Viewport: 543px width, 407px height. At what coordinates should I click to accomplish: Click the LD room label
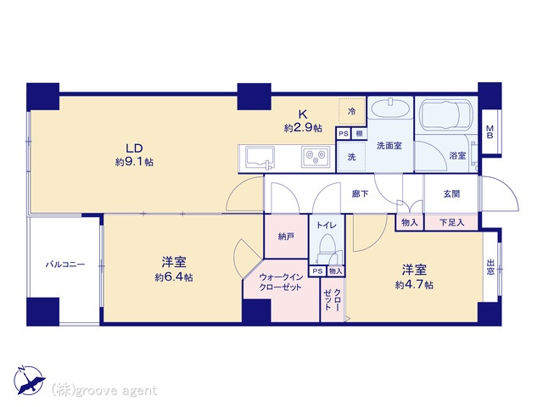coord(134,148)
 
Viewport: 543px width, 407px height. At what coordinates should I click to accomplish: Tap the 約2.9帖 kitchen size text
coord(303,128)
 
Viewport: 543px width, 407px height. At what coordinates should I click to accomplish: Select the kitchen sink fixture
coord(260,158)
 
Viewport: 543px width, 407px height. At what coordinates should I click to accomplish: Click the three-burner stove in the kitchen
coord(316,157)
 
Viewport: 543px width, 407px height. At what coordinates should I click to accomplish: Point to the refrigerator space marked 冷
coord(352,111)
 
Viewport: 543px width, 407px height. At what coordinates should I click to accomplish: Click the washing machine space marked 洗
coord(351,157)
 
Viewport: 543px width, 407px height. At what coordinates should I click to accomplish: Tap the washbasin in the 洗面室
coord(390,109)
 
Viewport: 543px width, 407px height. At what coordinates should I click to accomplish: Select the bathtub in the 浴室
coord(446,114)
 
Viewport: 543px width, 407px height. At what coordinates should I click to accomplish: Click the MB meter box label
coord(490,132)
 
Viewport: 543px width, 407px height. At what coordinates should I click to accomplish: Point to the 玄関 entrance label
coord(451,194)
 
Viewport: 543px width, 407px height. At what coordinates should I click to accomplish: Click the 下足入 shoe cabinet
coord(451,222)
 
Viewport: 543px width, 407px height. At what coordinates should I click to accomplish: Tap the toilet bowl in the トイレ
coord(326,244)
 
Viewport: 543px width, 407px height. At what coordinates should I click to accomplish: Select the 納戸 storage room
coord(286,237)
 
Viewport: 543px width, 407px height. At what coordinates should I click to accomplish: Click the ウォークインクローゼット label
coord(281,282)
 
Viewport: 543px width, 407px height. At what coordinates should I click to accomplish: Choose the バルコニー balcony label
coord(65,265)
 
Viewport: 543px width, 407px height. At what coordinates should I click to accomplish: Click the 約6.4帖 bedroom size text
coord(174,277)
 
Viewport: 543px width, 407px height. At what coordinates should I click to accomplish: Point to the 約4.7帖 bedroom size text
coord(414,285)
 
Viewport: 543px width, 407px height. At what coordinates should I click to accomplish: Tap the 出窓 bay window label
coord(490,267)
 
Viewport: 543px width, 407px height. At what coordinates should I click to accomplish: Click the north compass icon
coord(29,381)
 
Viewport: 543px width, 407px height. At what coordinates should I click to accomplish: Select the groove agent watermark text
coord(104,390)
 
